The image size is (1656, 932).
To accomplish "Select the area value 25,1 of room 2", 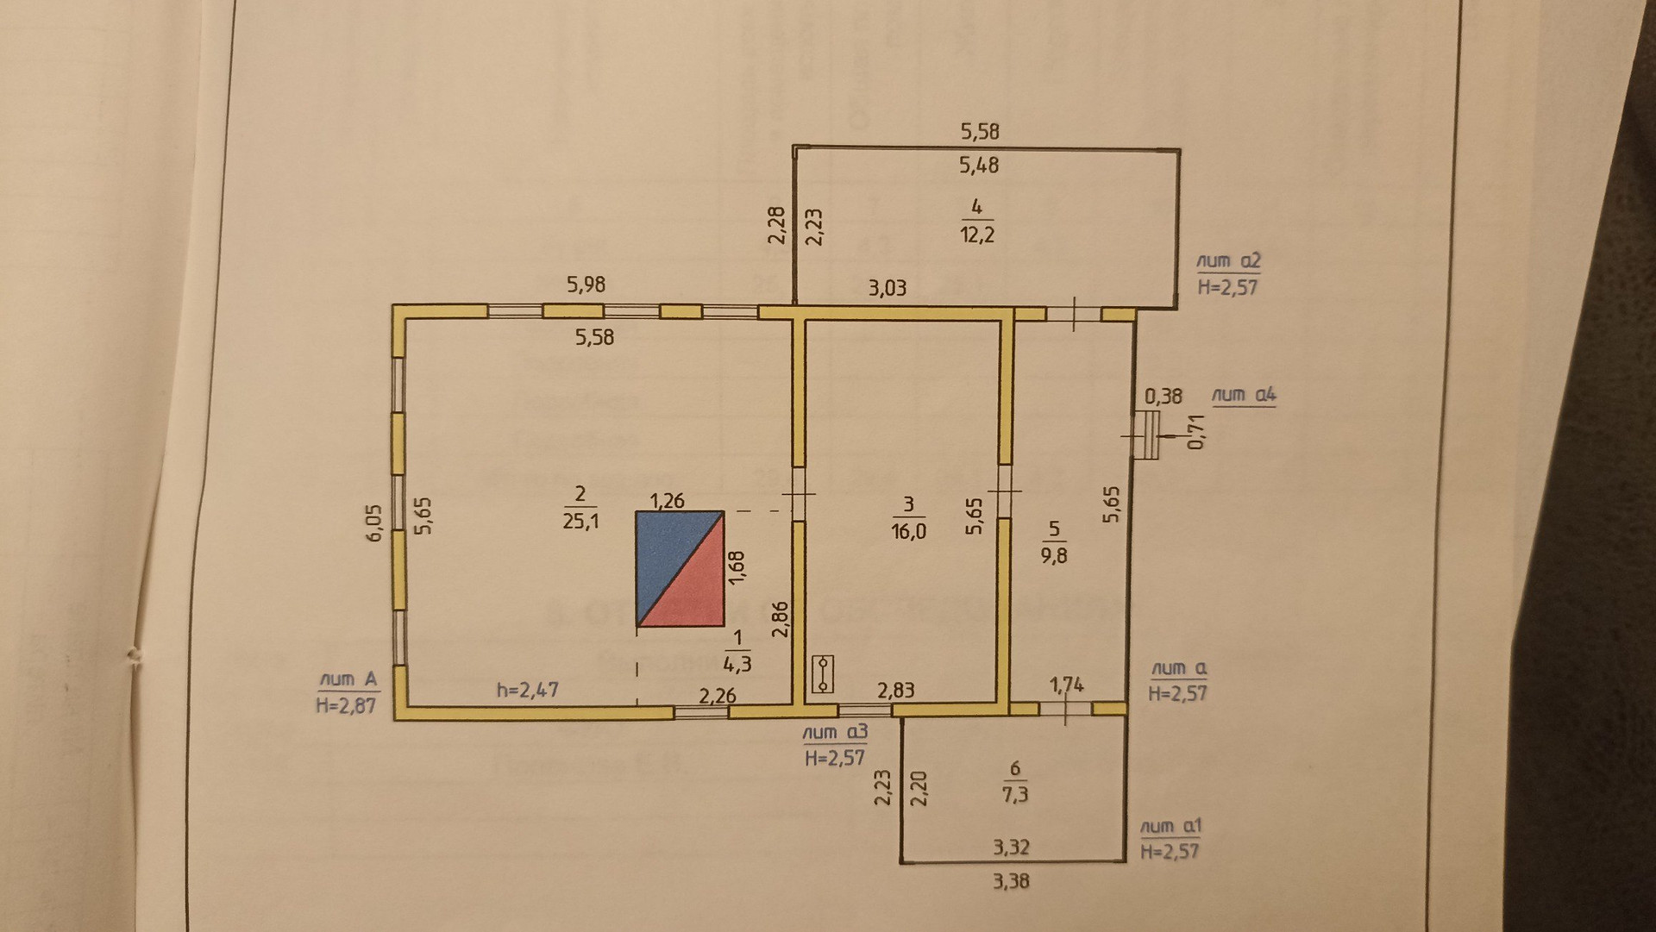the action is (580, 521).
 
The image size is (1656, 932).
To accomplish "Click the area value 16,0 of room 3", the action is (908, 531).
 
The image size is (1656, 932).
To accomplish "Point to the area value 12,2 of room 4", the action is (977, 235).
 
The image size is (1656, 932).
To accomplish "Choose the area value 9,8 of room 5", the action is (1053, 555).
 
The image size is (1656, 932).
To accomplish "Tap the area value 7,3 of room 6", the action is (1015, 794).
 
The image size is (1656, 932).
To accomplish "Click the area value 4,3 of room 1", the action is (737, 664).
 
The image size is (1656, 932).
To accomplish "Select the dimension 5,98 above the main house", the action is (586, 285).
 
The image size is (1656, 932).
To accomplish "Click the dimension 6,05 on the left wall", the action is (373, 522).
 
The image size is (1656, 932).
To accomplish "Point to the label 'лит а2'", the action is (1229, 261).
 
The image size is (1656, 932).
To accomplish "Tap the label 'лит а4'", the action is (1243, 395).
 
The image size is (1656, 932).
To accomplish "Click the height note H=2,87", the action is (346, 705).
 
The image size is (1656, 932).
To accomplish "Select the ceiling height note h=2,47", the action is (527, 690).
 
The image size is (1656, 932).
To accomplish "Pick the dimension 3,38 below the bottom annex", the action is (1011, 881).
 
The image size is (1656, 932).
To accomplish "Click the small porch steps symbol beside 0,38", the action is (1145, 435).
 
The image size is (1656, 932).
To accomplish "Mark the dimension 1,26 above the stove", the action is (667, 500).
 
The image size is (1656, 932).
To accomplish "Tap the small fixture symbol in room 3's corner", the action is (823, 673).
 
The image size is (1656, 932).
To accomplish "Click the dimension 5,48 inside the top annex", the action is (979, 165).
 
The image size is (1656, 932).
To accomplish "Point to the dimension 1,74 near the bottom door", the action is (1067, 685).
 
